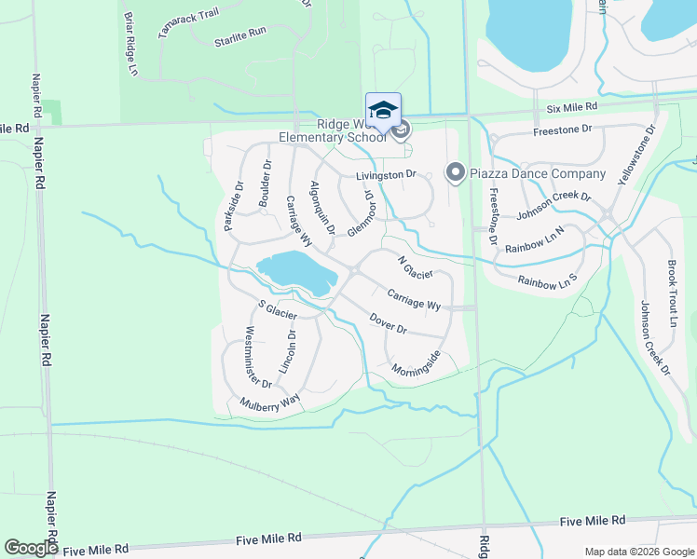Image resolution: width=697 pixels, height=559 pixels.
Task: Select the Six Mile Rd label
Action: (x=571, y=108)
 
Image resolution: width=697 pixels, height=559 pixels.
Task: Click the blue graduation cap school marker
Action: (x=384, y=110)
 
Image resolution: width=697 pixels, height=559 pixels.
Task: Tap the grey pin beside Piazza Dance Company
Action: (x=456, y=172)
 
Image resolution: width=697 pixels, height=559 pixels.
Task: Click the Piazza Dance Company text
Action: (x=539, y=173)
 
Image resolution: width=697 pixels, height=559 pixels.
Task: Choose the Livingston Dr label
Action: (x=384, y=174)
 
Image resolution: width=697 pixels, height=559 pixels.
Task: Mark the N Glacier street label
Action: (x=415, y=267)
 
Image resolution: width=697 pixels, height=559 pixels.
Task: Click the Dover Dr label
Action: (x=389, y=323)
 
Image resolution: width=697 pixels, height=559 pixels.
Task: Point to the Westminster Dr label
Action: (x=257, y=357)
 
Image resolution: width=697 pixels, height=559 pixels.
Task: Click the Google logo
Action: (x=31, y=547)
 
